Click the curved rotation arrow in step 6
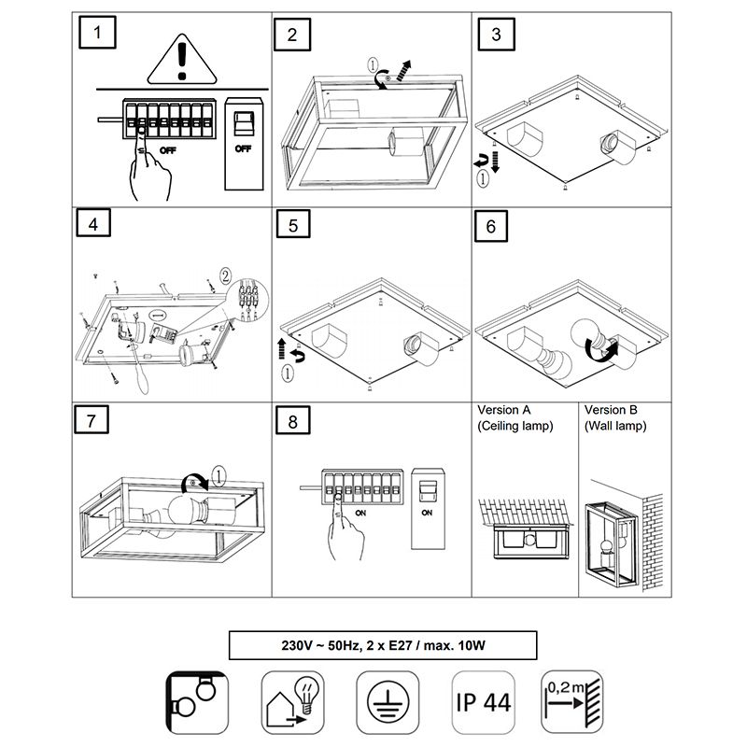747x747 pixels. tap(599, 351)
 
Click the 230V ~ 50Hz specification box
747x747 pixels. tap(383, 645)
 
